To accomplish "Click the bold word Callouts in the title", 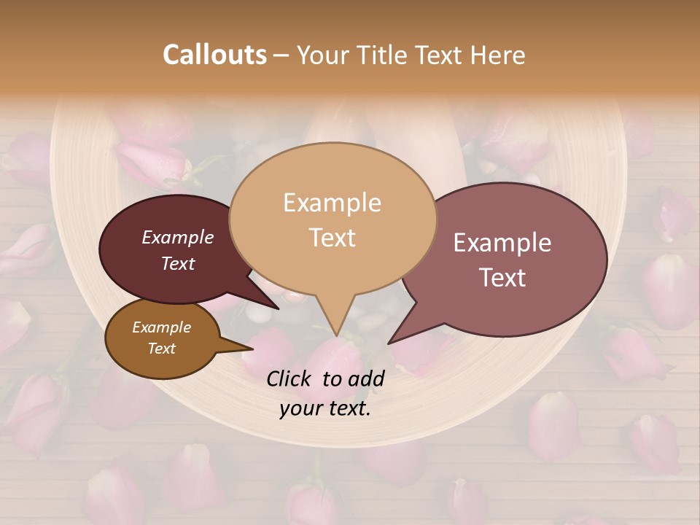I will (x=214, y=55).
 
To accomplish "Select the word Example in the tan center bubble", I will (x=332, y=203).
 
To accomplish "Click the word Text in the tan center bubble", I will (x=332, y=237).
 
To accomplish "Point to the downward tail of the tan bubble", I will (x=334, y=321).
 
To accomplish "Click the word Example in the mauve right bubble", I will (x=502, y=243).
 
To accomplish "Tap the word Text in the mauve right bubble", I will (x=502, y=277).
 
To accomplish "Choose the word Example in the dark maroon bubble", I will (x=178, y=237).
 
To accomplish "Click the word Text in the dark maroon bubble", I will (x=178, y=263).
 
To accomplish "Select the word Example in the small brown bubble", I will (x=161, y=327).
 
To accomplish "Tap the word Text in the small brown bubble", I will (x=161, y=349).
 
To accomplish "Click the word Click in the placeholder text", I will (x=290, y=378).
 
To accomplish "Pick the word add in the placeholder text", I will (x=367, y=378).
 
